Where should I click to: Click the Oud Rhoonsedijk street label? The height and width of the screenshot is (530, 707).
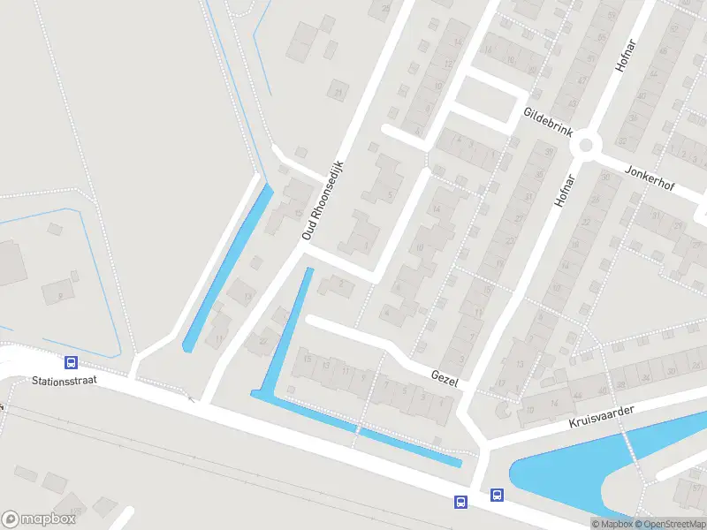coord(322,200)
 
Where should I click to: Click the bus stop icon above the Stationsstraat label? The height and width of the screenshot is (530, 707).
coord(71,362)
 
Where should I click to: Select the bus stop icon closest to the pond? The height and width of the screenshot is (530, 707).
coord(497,496)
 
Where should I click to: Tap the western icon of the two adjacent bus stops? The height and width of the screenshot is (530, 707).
coord(460,502)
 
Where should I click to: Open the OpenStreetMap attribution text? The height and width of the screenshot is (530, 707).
coord(671,524)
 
